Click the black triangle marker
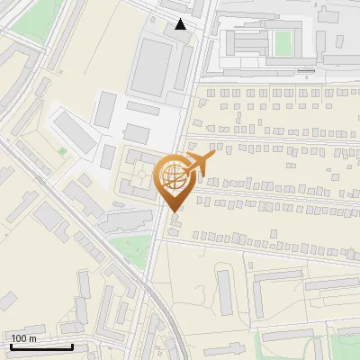coord(181,24)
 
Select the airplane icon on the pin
coord(200,164)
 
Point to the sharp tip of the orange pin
coord(173,212)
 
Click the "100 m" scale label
coord(24,338)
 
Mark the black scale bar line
coord(41,347)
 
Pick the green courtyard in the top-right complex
coord(283,42)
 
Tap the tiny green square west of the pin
coord(62,151)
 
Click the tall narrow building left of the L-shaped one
coord(225,292)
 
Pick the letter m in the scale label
coord(32,338)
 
